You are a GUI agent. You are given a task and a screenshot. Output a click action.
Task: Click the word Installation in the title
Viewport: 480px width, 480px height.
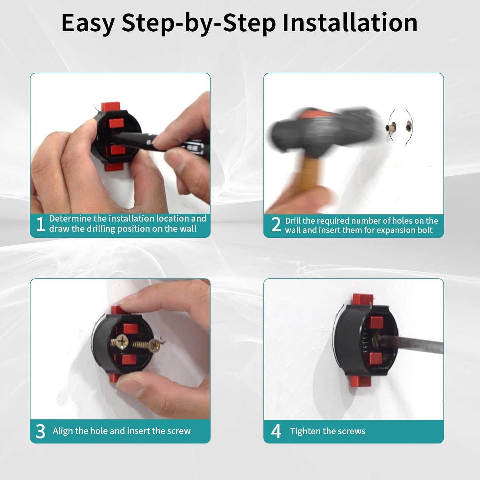point(350,23)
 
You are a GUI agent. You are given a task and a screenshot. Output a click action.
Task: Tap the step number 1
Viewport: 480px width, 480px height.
point(40,224)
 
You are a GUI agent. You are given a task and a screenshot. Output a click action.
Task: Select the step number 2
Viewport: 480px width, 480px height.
point(276,224)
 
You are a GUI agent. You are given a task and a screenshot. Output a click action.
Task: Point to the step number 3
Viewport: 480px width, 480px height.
point(40,431)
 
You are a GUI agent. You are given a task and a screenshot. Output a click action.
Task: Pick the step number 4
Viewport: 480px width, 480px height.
point(276,431)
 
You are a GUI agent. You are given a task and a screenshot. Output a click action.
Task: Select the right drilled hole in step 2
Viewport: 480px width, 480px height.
point(409,126)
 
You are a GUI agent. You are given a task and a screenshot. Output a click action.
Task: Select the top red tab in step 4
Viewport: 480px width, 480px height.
point(363,300)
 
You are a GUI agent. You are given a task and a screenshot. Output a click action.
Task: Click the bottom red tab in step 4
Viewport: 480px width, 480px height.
point(360,381)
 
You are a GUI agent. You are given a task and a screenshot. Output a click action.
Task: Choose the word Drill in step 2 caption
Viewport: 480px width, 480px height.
point(293,221)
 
